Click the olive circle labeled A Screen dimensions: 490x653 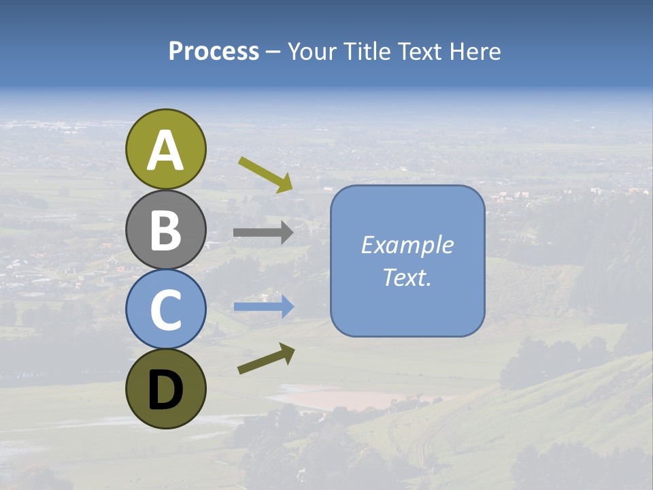click(165, 149)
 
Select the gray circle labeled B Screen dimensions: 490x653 click(165, 229)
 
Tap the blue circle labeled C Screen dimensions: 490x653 click(165, 309)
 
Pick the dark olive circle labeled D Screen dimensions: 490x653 click(165, 389)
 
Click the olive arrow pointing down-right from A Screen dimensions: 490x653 click(265, 174)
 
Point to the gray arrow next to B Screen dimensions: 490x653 click(263, 233)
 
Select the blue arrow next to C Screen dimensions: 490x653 click(264, 307)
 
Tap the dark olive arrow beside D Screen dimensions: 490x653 click(266, 358)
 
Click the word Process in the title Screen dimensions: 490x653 click(214, 51)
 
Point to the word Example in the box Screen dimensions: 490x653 click(407, 245)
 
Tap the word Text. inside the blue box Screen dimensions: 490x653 click(407, 278)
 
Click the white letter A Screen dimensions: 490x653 click(165, 150)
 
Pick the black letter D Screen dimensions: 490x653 click(165, 390)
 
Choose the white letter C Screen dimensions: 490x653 click(165, 310)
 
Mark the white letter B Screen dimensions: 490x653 click(165, 231)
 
